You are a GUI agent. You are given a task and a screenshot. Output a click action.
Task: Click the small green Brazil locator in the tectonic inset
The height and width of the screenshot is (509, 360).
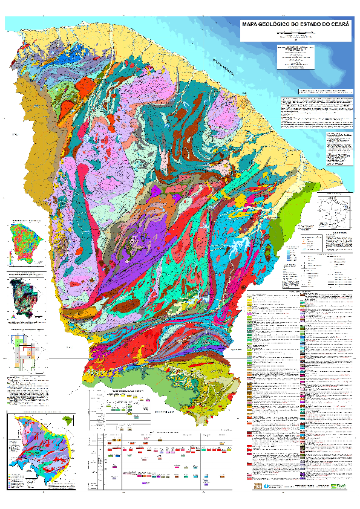point(66,418)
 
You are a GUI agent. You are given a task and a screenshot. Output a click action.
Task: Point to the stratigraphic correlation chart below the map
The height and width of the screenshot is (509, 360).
point(160,459)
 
